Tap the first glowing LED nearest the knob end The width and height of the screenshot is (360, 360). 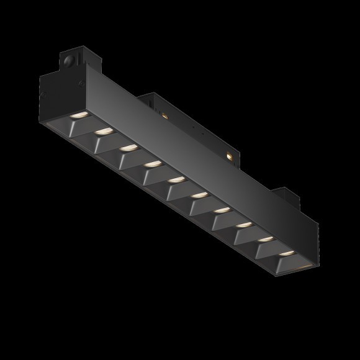pos(79,116)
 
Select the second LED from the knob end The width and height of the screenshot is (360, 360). pos(104,132)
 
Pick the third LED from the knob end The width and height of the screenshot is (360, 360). pos(128,148)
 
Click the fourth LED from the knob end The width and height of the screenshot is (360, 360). pos(153,164)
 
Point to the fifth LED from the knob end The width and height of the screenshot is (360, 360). pos(177,179)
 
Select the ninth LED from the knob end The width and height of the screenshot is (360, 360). pos(265,238)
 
